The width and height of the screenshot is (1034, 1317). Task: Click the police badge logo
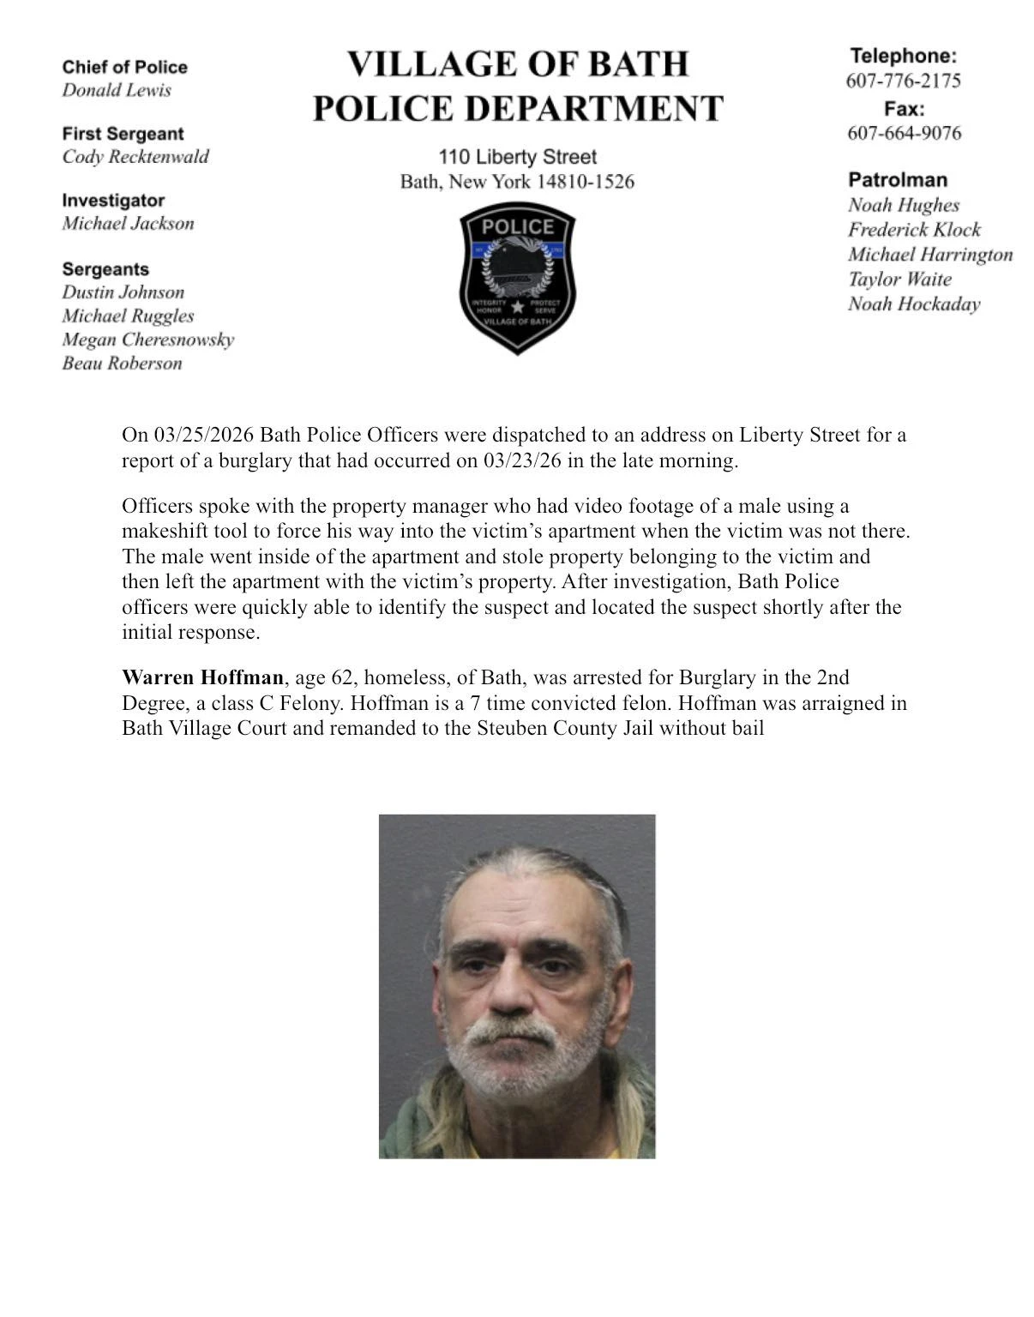(x=517, y=278)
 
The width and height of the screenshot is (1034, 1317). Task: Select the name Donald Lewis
(x=117, y=90)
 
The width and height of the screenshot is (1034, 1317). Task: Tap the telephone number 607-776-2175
(x=903, y=81)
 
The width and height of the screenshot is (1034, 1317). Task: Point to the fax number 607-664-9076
(x=904, y=133)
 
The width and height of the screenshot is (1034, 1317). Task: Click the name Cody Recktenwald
(x=135, y=157)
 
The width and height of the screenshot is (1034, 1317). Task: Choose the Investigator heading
(x=113, y=201)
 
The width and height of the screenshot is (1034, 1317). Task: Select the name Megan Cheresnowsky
(x=147, y=340)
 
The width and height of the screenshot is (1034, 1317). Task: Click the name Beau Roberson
(x=122, y=364)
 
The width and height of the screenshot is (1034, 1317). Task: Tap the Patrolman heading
(x=897, y=180)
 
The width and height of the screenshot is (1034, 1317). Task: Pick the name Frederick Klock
(x=914, y=230)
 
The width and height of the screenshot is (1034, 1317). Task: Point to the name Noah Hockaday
(x=914, y=304)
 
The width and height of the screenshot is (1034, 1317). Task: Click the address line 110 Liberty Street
(x=517, y=157)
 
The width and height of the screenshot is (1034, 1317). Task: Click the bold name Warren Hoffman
(x=202, y=678)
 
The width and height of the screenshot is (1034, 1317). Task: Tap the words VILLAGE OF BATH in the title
(x=517, y=64)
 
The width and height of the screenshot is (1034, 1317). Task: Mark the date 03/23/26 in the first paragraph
(x=522, y=460)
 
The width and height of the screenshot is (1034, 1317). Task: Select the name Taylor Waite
(x=899, y=280)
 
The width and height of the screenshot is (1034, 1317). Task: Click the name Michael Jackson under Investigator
(x=128, y=224)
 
